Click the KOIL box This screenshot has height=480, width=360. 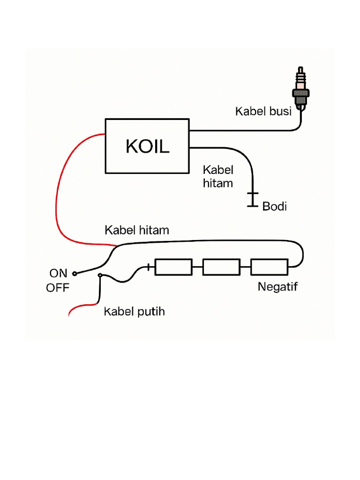point(147,146)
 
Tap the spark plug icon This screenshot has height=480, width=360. point(301,91)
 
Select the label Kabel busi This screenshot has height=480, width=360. point(263,112)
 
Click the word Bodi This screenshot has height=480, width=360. point(274,206)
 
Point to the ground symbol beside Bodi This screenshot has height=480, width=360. point(253,199)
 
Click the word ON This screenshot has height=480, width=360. point(58,273)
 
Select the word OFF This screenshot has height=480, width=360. point(57,288)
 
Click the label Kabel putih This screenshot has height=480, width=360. point(134,311)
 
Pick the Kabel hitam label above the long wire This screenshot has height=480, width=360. point(136,231)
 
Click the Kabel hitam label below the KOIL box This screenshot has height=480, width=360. point(218,176)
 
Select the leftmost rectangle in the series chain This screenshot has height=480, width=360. point(173,267)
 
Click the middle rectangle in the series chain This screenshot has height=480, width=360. point(221,267)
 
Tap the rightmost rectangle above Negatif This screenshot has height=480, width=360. point(270,267)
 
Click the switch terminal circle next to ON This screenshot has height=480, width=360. point(74,273)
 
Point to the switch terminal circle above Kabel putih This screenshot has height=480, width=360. point(99,276)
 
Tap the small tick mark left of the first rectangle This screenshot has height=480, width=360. point(150,267)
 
